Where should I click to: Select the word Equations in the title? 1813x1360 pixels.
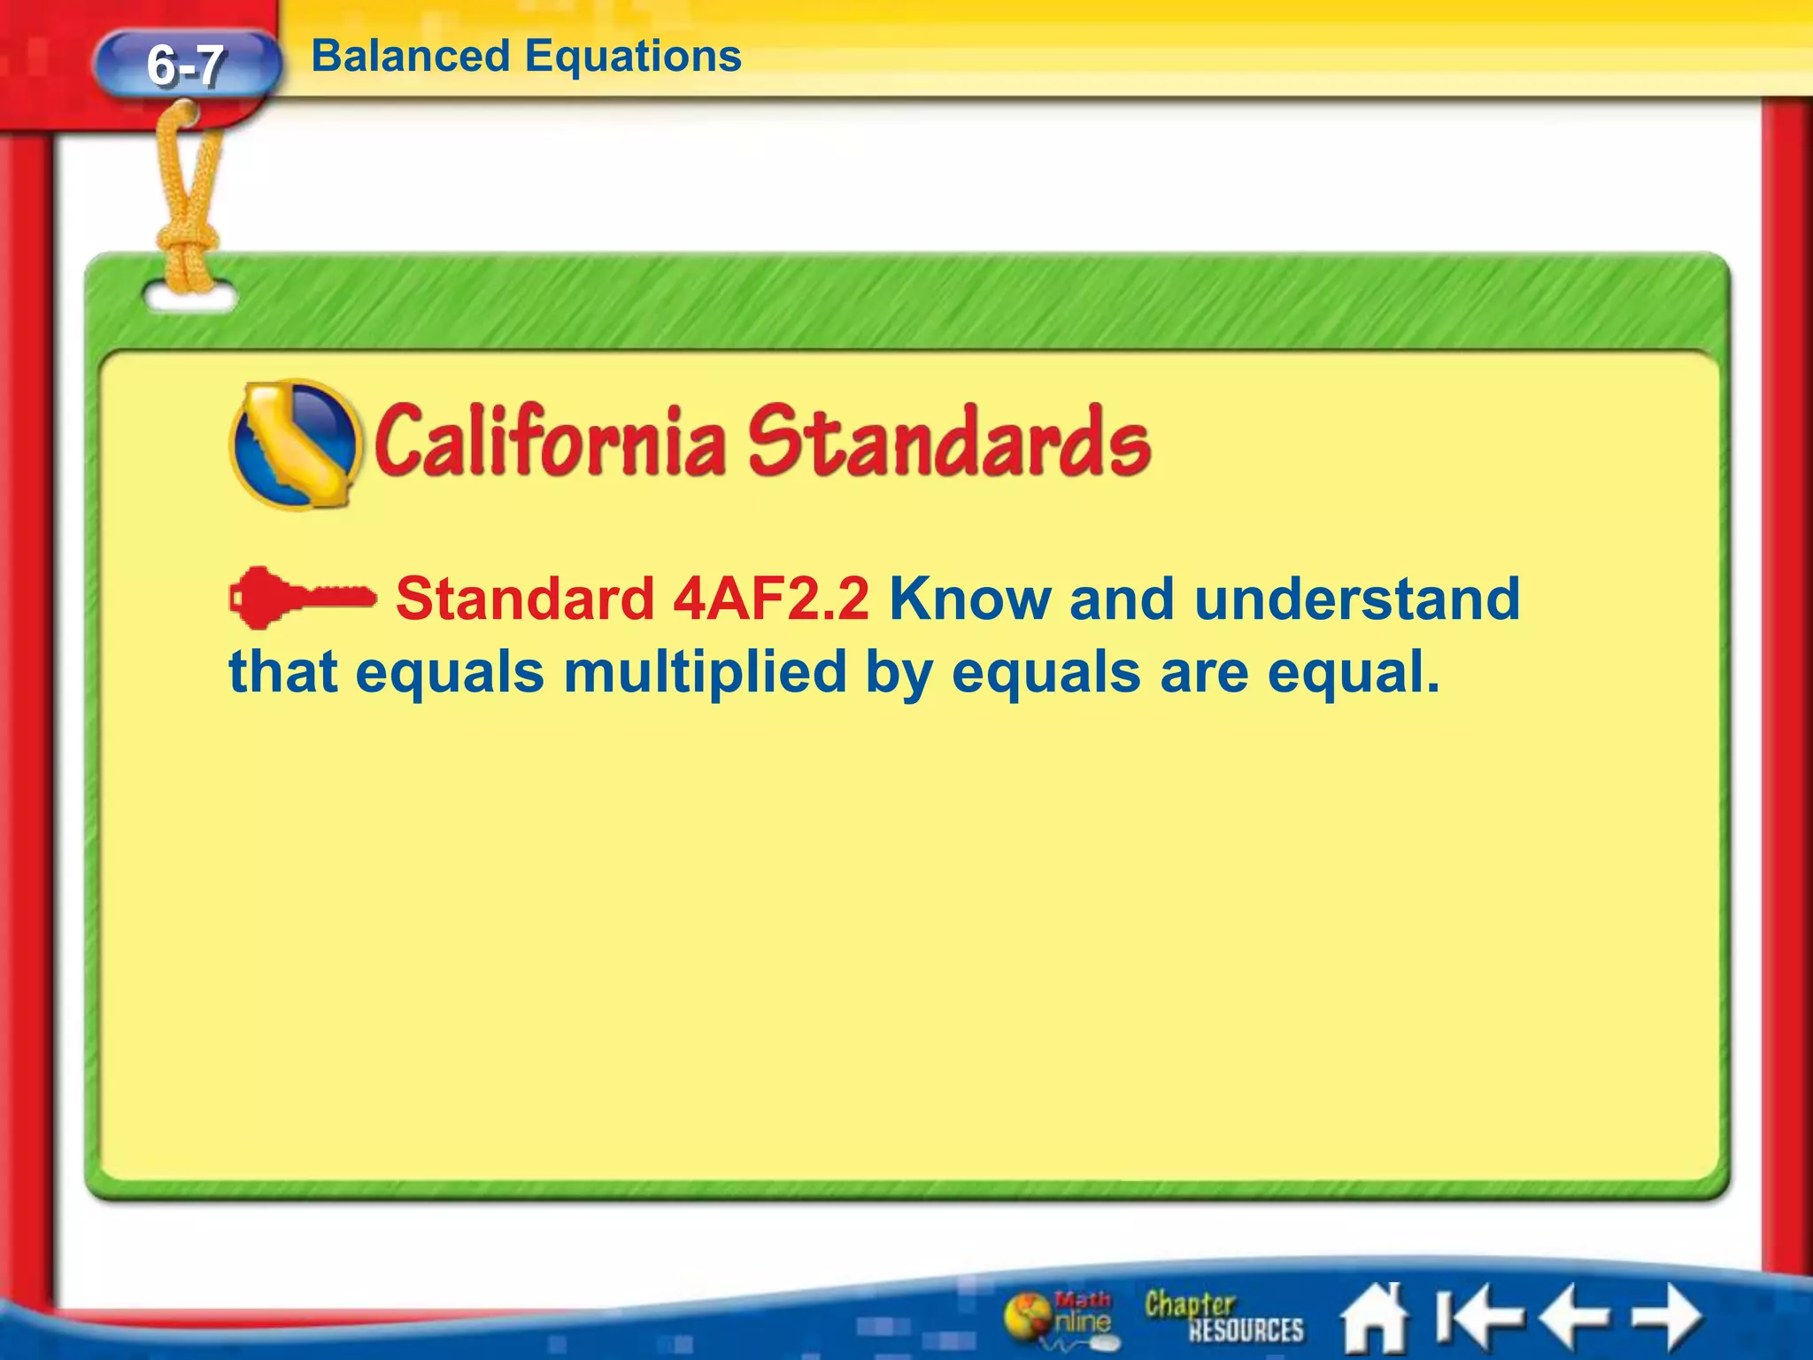click(x=633, y=57)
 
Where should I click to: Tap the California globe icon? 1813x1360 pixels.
click(x=295, y=444)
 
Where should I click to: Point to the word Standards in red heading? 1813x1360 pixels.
click(x=949, y=441)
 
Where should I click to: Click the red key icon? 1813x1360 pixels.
click(x=300, y=598)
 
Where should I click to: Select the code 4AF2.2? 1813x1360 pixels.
click(x=770, y=599)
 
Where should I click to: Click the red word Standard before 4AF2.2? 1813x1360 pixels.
click(x=524, y=599)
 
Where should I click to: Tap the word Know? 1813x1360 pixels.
click(x=970, y=599)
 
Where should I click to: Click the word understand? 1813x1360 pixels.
click(x=1356, y=599)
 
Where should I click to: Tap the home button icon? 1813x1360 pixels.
click(x=1374, y=1317)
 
